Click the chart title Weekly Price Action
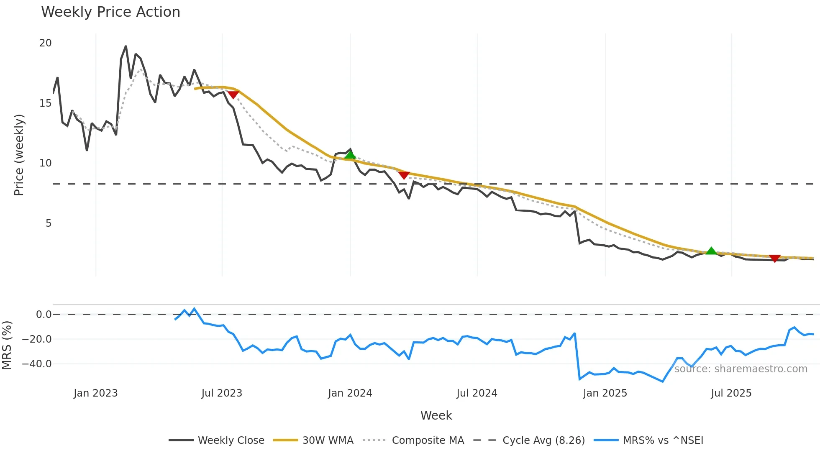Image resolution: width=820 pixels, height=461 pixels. pyautogui.click(x=110, y=12)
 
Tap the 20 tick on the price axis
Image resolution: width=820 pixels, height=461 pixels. pyautogui.click(x=45, y=43)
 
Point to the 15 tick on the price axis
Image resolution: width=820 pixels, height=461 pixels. pyautogui.click(x=45, y=103)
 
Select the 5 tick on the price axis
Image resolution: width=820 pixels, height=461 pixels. pyautogui.click(x=49, y=223)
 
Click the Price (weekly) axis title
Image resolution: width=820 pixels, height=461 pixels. pyautogui.click(x=19, y=155)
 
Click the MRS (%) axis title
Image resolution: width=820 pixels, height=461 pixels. pyautogui.click(x=7, y=345)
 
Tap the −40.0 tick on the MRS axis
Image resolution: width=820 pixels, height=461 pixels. pyautogui.click(x=37, y=364)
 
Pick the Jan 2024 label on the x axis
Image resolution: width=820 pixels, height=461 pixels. pyautogui.click(x=350, y=393)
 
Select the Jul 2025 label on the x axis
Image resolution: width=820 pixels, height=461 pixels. pyautogui.click(x=731, y=393)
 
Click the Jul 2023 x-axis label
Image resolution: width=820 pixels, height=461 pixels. pyautogui.click(x=222, y=393)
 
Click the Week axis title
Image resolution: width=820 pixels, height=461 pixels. pyautogui.click(x=436, y=415)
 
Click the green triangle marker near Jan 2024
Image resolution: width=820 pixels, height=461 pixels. pyautogui.click(x=350, y=155)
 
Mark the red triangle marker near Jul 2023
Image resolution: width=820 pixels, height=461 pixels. pyautogui.click(x=233, y=95)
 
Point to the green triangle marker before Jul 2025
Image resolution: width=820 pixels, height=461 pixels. pyautogui.click(x=711, y=251)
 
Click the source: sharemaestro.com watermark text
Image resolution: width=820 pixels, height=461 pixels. pyautogui.click(x=741, y=369)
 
